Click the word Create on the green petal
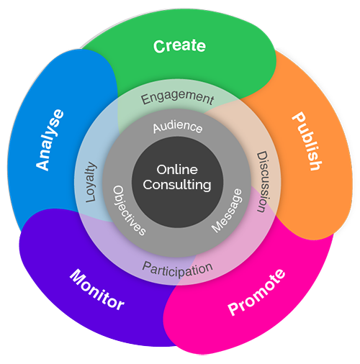point(179,46)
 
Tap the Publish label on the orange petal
point(307,142)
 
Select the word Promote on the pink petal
point(256,292)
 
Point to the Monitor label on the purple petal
point(97,289)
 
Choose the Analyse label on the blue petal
point(50,140)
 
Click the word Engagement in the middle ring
point(177,98)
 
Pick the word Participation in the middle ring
point(178,270)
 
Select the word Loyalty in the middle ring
point(91,182)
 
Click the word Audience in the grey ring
point(178,127)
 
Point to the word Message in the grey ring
point(227,211)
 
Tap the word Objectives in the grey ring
point(129,210)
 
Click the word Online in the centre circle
point(177,170)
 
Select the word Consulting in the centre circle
point(177,185)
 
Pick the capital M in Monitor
point(77,276)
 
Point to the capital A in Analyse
point(42,165)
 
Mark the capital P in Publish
point(298,118)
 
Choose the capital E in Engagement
point(145,100)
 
